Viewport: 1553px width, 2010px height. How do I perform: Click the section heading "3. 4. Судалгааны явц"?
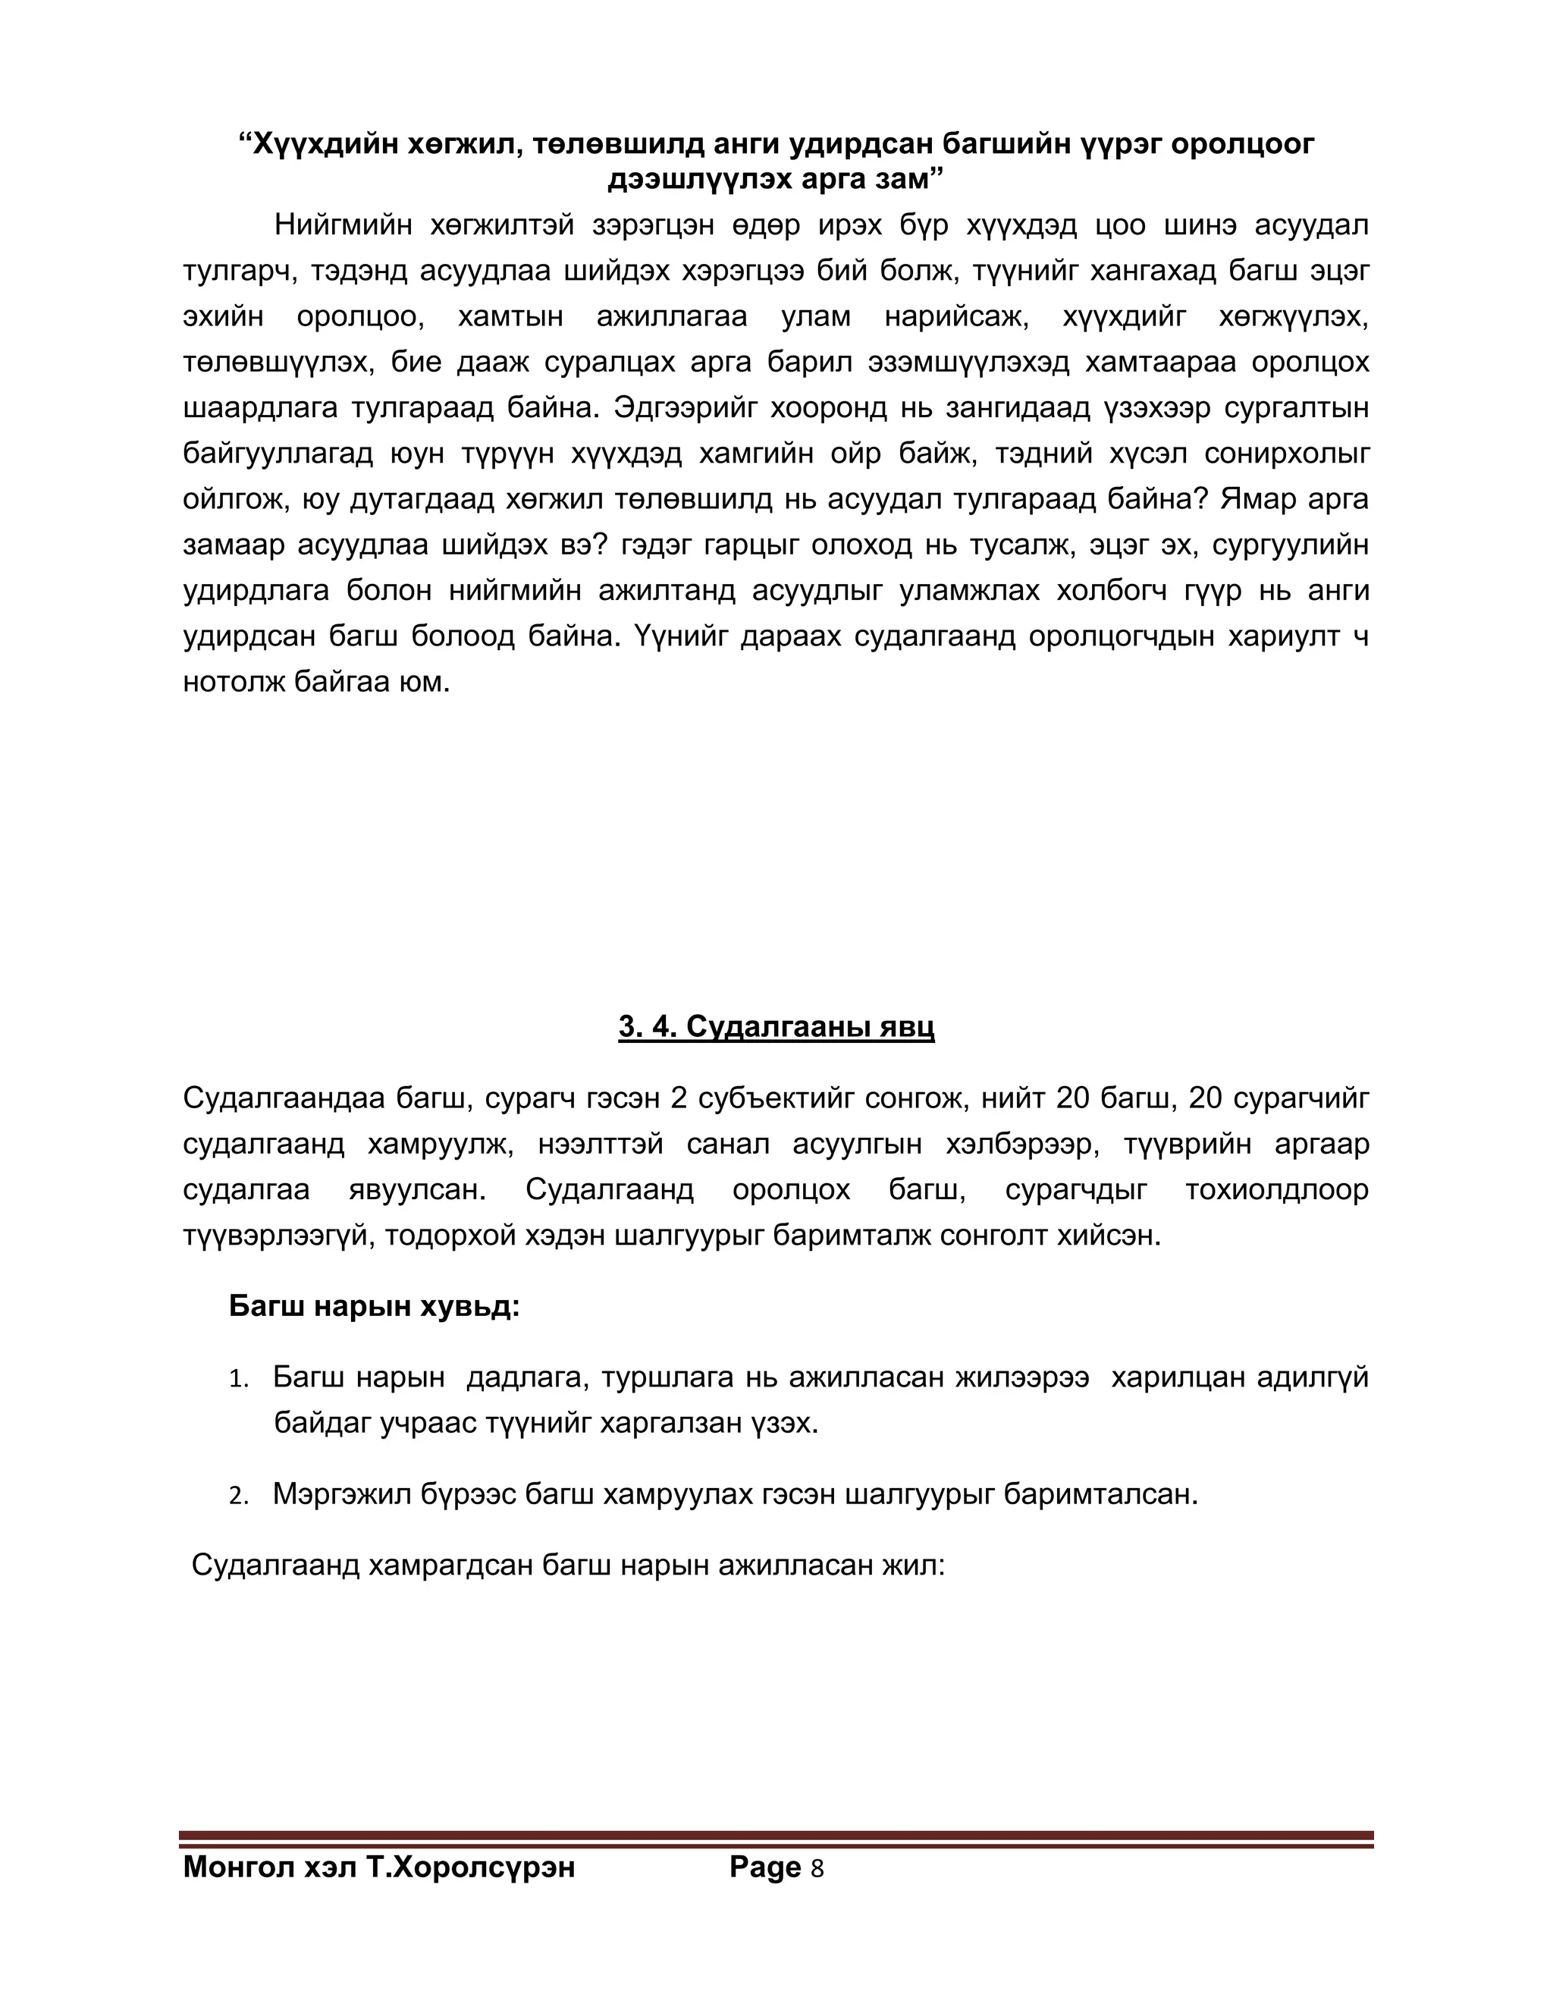tap(776, 1027)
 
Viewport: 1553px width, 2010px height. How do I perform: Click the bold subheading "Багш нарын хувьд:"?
tap(375, 1306)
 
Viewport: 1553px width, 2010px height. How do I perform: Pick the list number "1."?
tap(239, 1380)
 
